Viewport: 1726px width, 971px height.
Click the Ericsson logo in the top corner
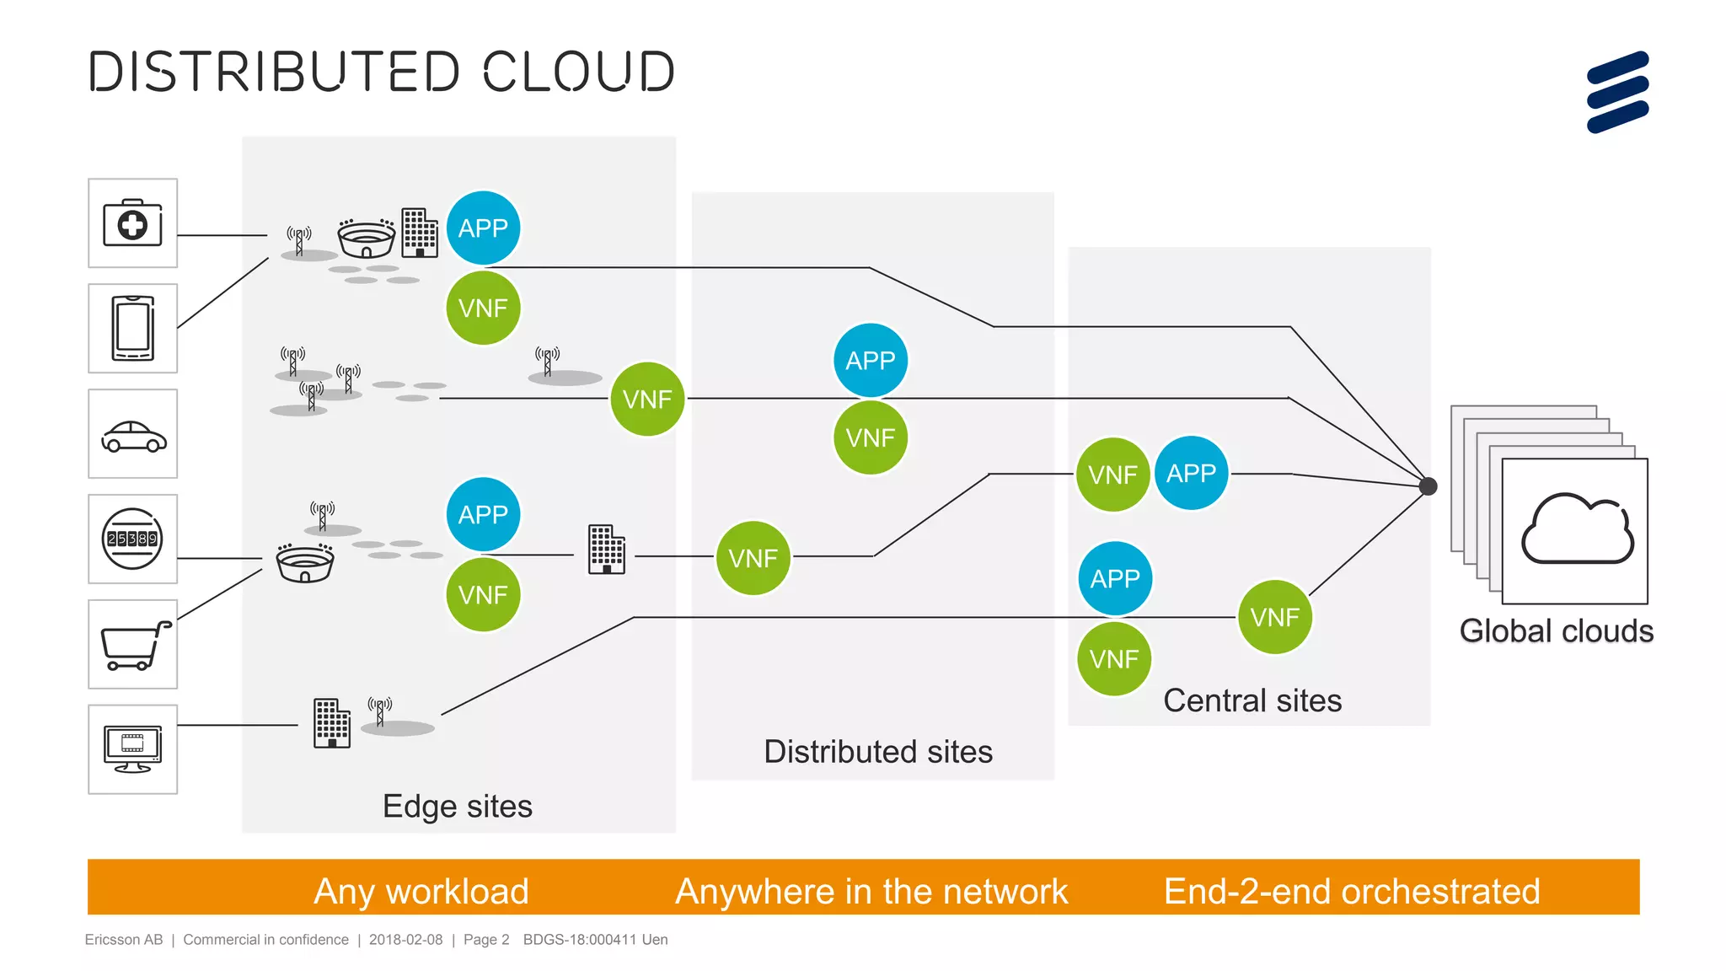[x=1617, y=92]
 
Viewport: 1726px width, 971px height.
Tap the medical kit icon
[x=132, y=223]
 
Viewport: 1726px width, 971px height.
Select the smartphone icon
[x=133, y=329]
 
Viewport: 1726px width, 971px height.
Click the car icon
[x=133, y=436]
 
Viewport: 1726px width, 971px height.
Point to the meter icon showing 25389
[x=132, y=539]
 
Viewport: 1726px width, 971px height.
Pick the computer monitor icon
[x=132, y=748]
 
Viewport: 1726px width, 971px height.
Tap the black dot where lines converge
[x=1428, y=486]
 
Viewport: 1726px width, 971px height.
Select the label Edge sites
[x=457, y=807]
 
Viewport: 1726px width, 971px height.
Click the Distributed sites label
[x=878, y=752]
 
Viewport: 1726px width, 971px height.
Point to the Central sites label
[x=1252, y=701]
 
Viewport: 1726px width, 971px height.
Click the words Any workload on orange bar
[x=421, y=891]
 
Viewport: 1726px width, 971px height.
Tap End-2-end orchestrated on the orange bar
[x=1352, y=891]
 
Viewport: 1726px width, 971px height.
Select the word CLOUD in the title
[x=579, y=72]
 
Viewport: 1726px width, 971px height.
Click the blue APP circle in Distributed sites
[x=871, y=361]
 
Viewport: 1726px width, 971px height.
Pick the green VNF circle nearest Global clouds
[x=1274, y=617]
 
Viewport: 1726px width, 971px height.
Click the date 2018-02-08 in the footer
[x=405, y=940]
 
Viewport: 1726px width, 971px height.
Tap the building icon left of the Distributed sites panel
[x=606, y=550]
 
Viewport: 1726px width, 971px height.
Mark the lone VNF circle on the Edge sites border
[x=647, y=399]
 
